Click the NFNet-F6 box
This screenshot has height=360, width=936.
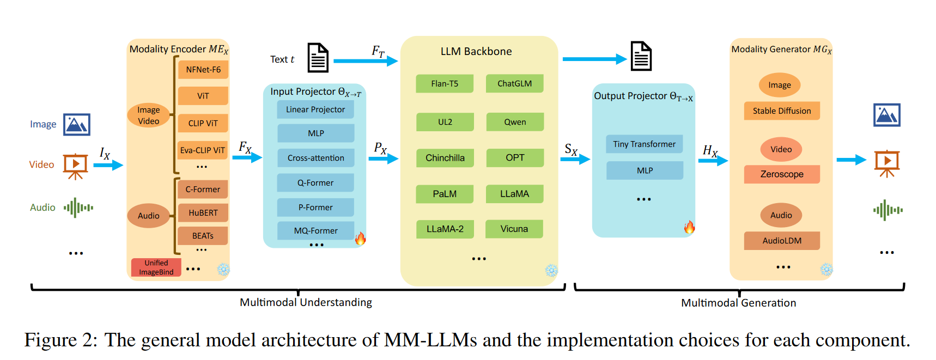pyautogui.click(x=203, y=70)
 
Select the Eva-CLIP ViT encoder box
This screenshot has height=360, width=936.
pyautogui.click(x=203, y=150)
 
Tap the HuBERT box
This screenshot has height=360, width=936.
pyautogui.click(x=203, y=213)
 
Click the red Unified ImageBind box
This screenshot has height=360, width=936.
pyautogui.click(x=156, y=267)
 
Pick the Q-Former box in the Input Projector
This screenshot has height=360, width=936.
pyautogui.click(x=315, y=183)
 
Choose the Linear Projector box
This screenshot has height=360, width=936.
pyautogui.click(x=315, y=109)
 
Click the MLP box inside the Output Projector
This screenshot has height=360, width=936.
pyautogui.click(x=645, y=170)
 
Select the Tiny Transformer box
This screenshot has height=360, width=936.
pyautogui.click(x=645, y=144)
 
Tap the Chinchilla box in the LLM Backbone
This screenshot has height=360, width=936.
pyautogui.click(x=445, y=158)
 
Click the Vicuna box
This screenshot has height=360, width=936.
pyautogui.click(x=514, y=229)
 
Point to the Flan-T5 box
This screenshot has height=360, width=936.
pyautogui.click(x=445, y=83)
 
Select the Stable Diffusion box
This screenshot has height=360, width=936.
pyautogui.click(x=782, y=111)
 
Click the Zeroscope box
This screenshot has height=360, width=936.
pyautogui.click(x=782, y=174)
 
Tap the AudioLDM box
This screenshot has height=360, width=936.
pyautogui.click(x=782, y=241)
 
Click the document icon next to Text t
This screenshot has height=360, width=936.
pyautogui.click(x=318, y=58)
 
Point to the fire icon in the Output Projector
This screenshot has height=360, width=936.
pyautogui.click(x=690, y=227)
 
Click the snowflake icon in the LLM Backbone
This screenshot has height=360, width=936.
pyautogui.click(x=551, y=271)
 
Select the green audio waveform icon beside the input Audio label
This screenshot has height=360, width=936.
pyautogui.click(x=78, y=208)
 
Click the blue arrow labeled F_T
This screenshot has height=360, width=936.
pyautogui.click(x=366, y=61)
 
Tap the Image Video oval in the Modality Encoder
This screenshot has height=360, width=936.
pyautogui.click(x=149, y=115)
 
